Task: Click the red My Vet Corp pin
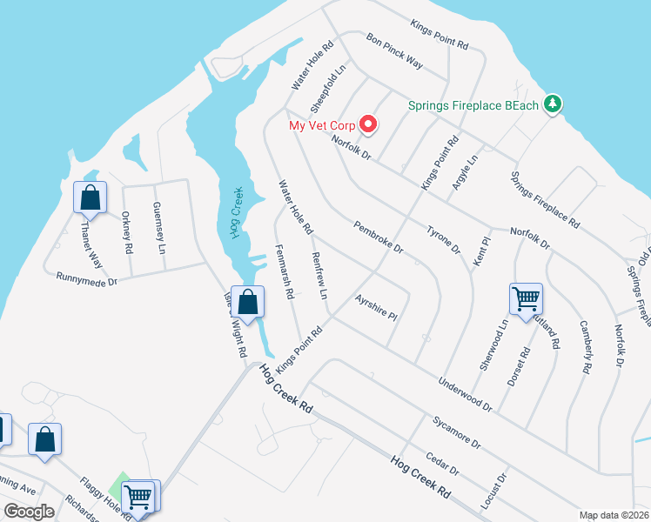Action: tap(368, 124)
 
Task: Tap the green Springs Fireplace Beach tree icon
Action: tap(551, 105)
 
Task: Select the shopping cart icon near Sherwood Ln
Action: tap(527, 300)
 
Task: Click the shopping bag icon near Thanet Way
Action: tap(90, 198)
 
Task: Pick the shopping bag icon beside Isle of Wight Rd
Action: tap(248, 304)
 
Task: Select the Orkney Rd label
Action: tap(127, 231)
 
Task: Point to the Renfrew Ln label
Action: tap(319, 276)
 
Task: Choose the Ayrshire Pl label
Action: tap(376, 306)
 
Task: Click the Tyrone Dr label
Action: tap(443, 239)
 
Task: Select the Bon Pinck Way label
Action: tap(394, 51)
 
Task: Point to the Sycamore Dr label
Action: tap(456, 432)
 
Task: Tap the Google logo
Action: tap(29, 512)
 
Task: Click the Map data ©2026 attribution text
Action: tap(613, 515)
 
